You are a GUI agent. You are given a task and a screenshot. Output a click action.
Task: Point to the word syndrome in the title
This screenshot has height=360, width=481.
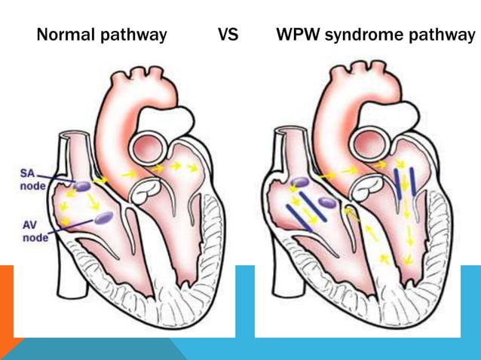[x=363, y=35]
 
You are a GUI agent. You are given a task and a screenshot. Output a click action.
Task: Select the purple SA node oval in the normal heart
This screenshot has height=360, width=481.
[x=83, y=185]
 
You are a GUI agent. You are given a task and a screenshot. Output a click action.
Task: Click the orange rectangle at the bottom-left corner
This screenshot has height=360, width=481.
[x=7, y=301]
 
